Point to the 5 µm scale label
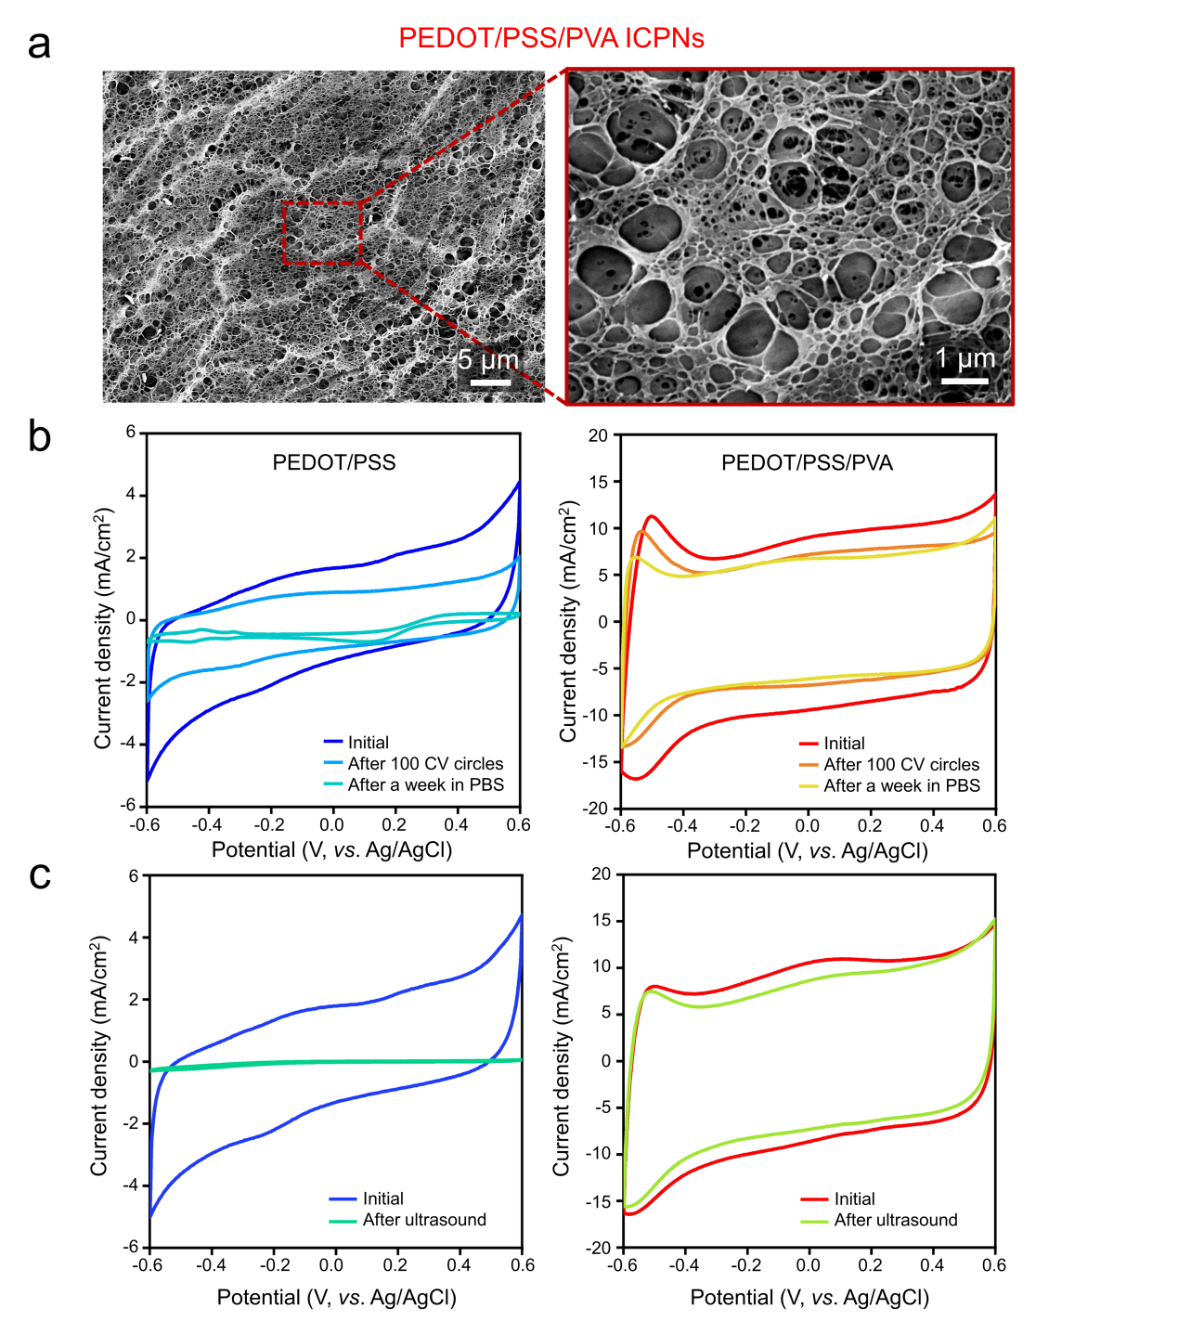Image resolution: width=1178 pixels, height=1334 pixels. [x=488, y=360]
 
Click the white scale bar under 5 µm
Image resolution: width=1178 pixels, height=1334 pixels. [x=490, y=382]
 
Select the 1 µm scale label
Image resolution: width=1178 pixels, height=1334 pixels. [x=965, y=358]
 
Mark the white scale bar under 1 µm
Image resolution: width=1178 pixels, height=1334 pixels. [x=964, y=381]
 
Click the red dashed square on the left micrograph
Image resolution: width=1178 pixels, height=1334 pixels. [x=321, y=232]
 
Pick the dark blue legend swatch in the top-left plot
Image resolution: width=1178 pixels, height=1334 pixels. [x=333, y=742]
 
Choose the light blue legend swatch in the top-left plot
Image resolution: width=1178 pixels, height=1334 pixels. [x=333, y=763]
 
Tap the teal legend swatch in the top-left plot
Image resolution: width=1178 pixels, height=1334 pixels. [x=333, y=784]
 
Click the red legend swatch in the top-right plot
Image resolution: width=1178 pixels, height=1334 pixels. [x=809, y=744]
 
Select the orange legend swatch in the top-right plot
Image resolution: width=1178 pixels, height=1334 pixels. [x=809, y=765]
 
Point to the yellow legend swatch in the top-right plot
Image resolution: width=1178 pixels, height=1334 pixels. [x=809, y=786]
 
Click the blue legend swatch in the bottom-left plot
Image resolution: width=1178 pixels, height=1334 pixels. [x=343, y=1199]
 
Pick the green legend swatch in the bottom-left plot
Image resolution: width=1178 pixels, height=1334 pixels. [x=343, y=1222]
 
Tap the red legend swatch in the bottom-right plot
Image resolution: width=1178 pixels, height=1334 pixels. [x=814, y=1199]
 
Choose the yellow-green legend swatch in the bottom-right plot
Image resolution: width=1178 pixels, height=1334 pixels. [x=814, y=1222]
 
